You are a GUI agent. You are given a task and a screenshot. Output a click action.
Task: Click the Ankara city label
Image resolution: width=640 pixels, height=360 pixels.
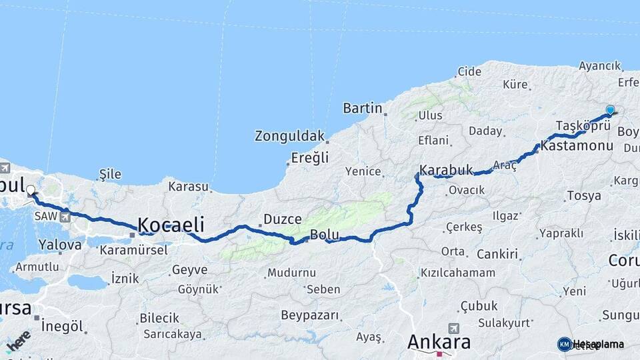click(x=439, y=343)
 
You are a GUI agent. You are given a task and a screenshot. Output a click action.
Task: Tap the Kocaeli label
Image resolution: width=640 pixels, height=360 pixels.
click(x=171, y=225)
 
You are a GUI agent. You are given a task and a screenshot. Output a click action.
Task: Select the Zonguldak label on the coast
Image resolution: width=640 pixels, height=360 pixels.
click(x=289, y=136)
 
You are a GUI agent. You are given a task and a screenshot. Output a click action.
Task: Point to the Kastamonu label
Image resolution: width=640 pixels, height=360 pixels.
click(x=577, y=145)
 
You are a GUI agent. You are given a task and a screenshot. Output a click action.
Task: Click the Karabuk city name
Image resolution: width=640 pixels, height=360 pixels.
click(x=446, y=170)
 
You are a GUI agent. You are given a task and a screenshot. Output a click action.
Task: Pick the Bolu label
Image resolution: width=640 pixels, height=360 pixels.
click(x=325, y=235)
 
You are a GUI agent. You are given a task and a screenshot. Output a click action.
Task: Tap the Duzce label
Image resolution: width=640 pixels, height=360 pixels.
click(x=283, y=219)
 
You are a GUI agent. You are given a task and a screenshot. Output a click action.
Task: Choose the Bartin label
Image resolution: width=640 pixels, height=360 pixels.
click(x=363, y=108)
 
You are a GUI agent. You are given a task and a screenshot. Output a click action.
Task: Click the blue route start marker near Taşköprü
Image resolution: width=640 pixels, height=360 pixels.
click(x=610, y=110)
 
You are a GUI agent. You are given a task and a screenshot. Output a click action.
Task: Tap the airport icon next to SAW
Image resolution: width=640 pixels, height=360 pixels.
click(x=65, y=217)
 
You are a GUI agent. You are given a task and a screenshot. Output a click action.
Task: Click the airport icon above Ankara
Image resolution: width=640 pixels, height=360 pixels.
click(x=454, y=328)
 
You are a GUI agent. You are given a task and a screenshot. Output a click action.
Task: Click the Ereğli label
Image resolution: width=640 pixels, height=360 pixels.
click(x=310, y=158)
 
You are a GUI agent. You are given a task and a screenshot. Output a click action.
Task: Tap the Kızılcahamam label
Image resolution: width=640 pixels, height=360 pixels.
click(x=457, y=273)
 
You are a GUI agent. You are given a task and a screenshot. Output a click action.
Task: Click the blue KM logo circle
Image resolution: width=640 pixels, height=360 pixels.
click(x=565, y=344)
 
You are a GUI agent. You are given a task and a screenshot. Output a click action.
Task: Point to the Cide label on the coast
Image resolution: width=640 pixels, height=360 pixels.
click(x=469, y=71)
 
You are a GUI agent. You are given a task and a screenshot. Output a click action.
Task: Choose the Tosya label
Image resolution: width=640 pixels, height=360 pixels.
click(x=583, y=196)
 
